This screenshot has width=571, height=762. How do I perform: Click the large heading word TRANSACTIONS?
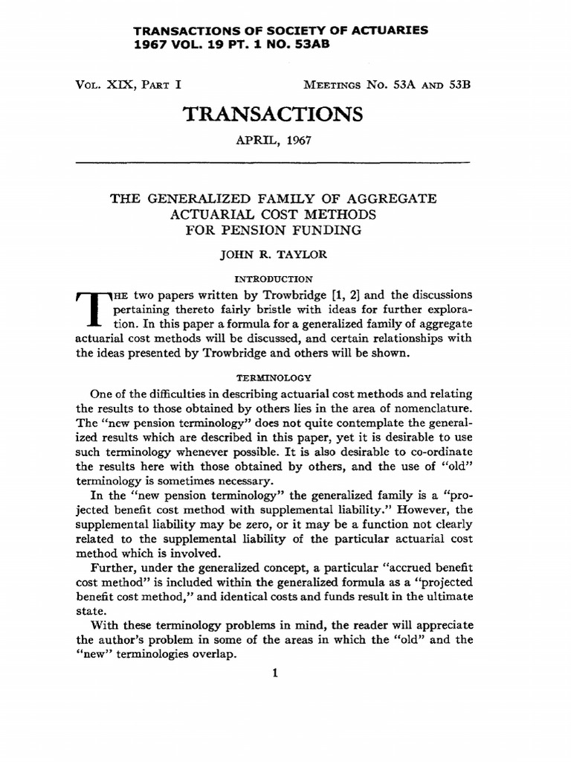pyautogui.click(x=272, y=114)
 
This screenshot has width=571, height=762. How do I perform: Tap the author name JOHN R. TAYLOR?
pyautogui.click(x=272, y=253)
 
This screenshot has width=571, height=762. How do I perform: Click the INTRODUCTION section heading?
pyautogui.click(x=272, y=278)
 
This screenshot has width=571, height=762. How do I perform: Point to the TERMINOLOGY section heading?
pyautogui.click(x=272, y=378)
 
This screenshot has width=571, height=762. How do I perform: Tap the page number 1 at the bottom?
pyautogui.click(x=274, y=675)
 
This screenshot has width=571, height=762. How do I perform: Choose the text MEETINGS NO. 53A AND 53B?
pyautogui.click(x=384, y=84)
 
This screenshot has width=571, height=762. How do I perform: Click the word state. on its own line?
pyautogui.click(x=89, y=609)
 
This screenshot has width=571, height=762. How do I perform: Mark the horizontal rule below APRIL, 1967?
pyautogui.click(x=274, y=162)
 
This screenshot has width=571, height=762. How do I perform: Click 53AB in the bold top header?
pyautogui.click(x=307, y=45)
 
